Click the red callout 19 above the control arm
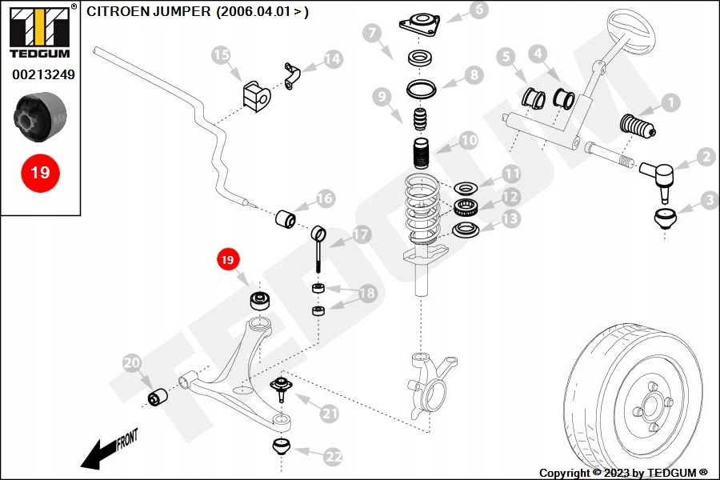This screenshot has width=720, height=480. coord(228,259)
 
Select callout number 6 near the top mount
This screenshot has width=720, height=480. coord(478,10)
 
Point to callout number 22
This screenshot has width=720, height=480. coord(333,457)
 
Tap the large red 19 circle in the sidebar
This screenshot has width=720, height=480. coord(39,172)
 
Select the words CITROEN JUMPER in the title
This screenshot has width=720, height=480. coord(148,12)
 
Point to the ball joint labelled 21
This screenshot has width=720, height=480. coord(281,389)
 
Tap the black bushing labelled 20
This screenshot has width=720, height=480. coord(158,396)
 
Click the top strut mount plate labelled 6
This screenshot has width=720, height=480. coord(421,23)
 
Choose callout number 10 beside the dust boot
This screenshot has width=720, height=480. coord(468,141)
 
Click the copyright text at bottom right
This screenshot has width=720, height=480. coord(623,473)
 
